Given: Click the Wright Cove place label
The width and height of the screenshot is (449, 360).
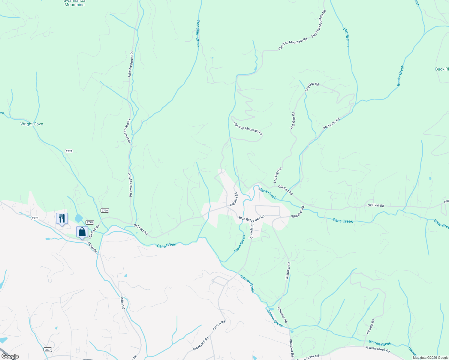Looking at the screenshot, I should pos(32,124).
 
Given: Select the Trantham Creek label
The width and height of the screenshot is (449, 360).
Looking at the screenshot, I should pos(198,33).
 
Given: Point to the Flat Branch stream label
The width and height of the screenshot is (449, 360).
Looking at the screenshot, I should pos(347,37).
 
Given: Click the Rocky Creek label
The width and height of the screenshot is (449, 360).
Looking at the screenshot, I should pos(401,76).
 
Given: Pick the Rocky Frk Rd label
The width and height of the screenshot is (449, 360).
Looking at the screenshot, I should pos(331,123).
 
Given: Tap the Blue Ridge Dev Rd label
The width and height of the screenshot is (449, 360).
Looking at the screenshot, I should pos(252,217).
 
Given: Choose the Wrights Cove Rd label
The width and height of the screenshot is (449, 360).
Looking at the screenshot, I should pos(130,184).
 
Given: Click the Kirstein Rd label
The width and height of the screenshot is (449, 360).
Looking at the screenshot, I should pos(371,327).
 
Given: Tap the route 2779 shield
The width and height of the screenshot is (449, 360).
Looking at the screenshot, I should pos(104,210).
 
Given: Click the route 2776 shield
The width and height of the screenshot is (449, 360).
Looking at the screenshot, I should pos(35,218).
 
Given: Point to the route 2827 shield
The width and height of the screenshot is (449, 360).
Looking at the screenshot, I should pos(47,349).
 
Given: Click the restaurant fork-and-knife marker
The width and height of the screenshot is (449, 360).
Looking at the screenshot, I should pos(62,218).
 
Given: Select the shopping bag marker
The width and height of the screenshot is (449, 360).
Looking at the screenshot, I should pos(82,232).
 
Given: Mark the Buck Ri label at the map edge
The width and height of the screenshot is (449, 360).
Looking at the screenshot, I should pos(442,69).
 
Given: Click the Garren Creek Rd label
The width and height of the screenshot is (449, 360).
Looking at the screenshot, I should pos(378,349).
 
